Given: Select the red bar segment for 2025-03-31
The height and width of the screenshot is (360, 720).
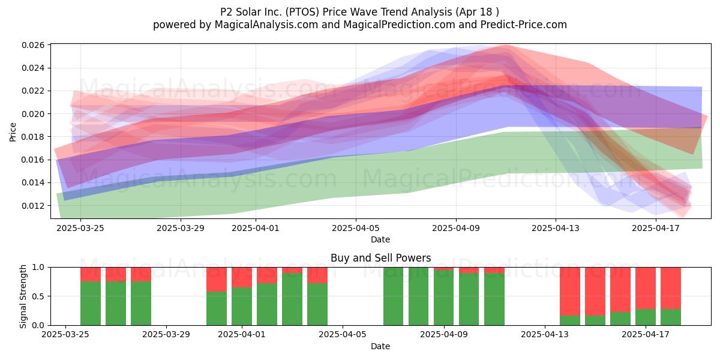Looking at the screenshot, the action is click(217, 280).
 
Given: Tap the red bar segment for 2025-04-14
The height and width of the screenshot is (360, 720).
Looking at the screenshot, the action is click(570, 291).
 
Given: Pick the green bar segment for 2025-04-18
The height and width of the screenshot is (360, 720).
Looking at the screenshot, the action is click(671, 317).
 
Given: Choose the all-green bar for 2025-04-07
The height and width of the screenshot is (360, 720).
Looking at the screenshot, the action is click(394, 296).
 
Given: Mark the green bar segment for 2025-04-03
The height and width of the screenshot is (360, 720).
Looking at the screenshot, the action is click(292, 299).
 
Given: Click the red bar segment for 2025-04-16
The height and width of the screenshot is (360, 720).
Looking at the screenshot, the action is click(620, 290).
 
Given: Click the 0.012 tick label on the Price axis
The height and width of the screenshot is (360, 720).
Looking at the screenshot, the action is click(33, 206).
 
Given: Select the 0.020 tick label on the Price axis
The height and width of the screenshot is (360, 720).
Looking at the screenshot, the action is click(33, 114).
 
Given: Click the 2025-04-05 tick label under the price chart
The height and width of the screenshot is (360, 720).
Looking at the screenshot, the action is click(355, 228).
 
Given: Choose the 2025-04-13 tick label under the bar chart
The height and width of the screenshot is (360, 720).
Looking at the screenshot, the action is click(545, 335).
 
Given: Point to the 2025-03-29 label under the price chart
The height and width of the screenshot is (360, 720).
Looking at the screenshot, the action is click(181, 228).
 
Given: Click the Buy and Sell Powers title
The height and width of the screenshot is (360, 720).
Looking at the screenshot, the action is click(381, 258).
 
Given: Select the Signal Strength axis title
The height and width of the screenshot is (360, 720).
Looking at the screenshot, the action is click(23, 296).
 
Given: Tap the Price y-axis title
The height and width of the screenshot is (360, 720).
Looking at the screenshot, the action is click(13, 132).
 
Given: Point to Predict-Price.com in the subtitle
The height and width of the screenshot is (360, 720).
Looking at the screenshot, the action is click(524, 25).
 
